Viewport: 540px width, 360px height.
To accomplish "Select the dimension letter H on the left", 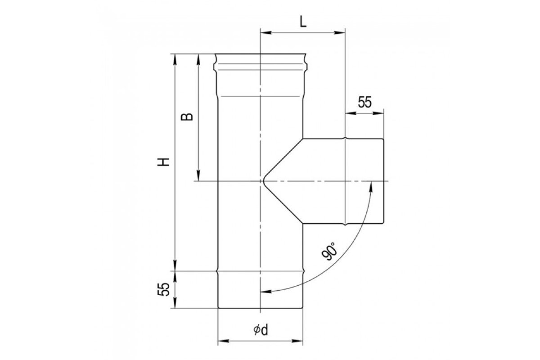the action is [x=164, y=162].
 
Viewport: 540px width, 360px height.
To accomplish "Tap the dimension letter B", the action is [x=187, y=117].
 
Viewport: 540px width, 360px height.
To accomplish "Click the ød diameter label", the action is [x=261, y=330].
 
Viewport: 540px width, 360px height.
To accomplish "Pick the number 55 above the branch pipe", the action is [x=365, y=102].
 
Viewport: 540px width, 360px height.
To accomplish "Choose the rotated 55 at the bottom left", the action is [x=163, y=289].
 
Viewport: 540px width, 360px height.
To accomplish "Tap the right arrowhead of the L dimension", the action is [x=340, y=32].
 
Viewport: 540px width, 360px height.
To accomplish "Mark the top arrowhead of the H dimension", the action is [x=175, y=59].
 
